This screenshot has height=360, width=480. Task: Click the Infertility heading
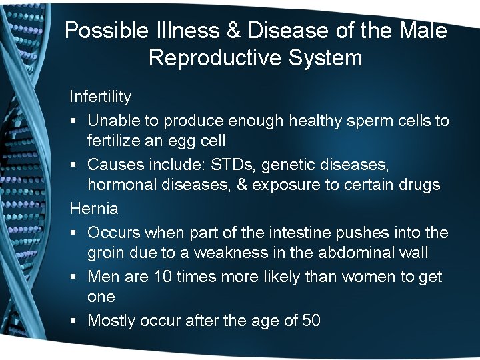coord(100,97)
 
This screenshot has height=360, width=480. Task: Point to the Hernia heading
coord(93,208)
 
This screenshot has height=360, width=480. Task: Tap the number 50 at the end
coord(311,321)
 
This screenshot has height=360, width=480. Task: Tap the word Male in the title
coord(422,31)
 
